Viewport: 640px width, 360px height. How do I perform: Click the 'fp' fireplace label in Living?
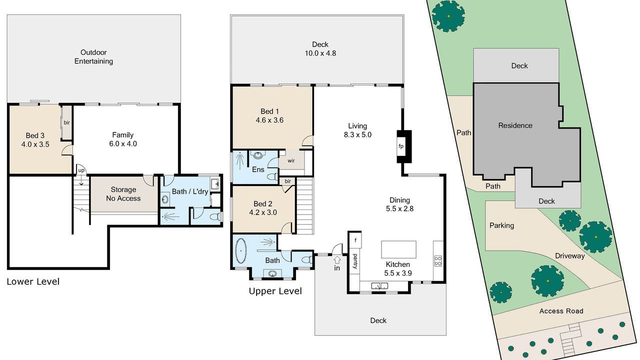pos(401,146)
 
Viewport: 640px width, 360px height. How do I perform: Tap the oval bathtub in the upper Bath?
pos(241,250)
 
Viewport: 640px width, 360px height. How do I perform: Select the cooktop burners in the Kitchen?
pos(438,261)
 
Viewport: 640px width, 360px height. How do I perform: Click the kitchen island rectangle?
pos(398,249)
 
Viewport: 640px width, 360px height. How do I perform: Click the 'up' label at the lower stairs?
pos(81,170)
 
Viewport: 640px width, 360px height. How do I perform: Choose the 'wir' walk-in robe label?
pos(291,160)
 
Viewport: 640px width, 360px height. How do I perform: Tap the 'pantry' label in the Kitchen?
pos(355,261)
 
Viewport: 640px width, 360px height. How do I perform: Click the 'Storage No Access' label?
pos(123,194)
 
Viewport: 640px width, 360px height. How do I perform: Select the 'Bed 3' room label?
pos(35,135)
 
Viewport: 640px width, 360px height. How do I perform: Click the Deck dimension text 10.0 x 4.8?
pos(320,53)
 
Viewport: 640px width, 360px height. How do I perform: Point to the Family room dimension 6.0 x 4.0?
pos(123,143)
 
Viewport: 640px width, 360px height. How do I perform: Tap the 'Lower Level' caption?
pos(33,281)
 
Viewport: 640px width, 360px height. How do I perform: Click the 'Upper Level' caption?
pos(275,291)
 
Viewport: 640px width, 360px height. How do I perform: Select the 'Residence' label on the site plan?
pos(515,125)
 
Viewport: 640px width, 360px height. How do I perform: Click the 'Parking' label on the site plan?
pos(501,225)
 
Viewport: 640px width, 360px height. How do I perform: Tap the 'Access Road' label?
pos(561,311)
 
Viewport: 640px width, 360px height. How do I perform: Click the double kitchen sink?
pos(379,285)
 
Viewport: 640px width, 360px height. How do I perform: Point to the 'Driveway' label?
pos(569,255)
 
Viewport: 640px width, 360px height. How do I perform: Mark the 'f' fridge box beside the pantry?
pos(355,240)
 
